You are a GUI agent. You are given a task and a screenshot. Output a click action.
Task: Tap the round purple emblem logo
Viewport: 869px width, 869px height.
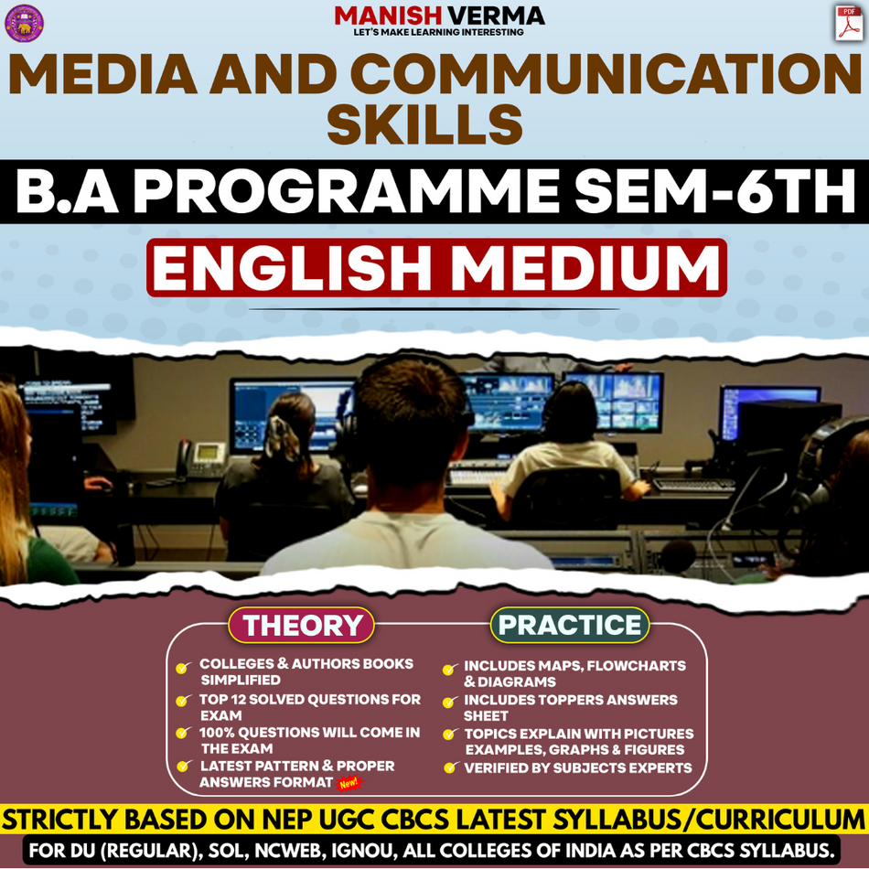pyautogui.click(x=24, y=23)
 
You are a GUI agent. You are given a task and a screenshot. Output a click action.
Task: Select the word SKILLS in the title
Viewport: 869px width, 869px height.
pyautogui.click(x=424, y=125)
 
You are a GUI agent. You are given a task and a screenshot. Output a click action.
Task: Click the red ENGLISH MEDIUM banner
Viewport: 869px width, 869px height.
pyautogui.click(x=436, y=268)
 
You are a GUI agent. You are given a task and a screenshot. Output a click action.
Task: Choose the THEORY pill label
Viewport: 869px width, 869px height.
pyautogui.click(x=302, y=626)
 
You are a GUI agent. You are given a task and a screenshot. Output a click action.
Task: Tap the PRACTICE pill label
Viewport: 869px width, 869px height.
pyautogui.click(x=570, y=625)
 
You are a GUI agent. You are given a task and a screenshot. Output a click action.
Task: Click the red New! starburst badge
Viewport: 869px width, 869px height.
pyautogui.click(x=349, y=783)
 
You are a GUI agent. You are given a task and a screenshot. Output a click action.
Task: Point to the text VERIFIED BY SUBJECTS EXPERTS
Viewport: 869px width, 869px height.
pyautogui.click(x=577, y=767)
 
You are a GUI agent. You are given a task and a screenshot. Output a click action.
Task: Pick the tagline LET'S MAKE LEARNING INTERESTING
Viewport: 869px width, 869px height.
pyautogui.click(x=438, y=32)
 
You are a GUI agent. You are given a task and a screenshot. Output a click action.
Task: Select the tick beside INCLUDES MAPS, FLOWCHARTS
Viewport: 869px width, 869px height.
pyautogui.click(x=449, y=670)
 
